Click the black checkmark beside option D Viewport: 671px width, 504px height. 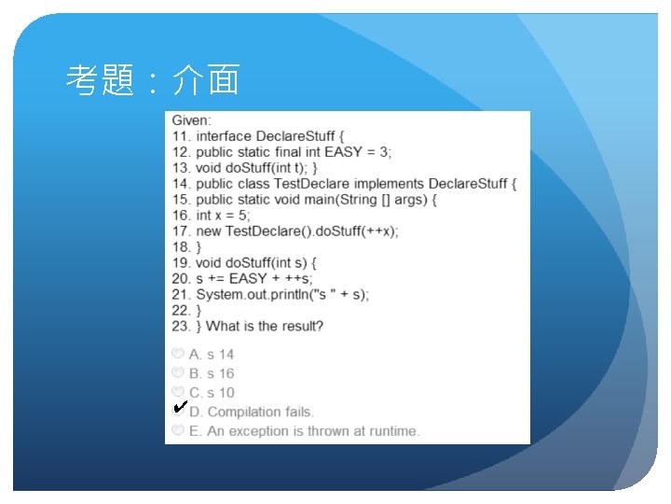coord(181,406)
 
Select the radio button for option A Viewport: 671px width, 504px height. coord(178,353)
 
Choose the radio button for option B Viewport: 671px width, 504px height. coord(178,371)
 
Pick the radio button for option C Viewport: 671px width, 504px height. coord(178,391)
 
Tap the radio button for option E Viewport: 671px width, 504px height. coord(178,429)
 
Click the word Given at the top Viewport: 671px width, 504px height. coord(191,120)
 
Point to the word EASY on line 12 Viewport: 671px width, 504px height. coord(344,152)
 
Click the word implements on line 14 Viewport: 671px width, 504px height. coord(389,184)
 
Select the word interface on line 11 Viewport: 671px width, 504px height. coord(224,136)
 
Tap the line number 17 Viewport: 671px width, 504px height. coord(181,231)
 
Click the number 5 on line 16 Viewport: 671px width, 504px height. coord(243,216)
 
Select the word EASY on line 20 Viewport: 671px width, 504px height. coord(248,278)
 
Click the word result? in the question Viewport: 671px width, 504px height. coord(302,326)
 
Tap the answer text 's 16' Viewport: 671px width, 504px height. coord(220,373)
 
